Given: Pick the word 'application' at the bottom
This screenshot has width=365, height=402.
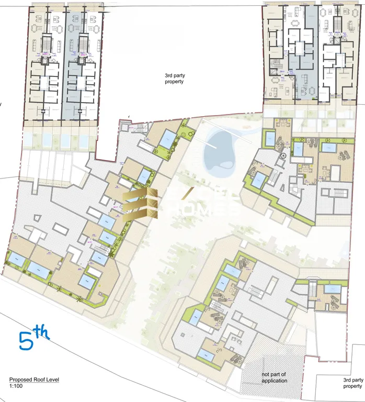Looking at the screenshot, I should pos(275,381).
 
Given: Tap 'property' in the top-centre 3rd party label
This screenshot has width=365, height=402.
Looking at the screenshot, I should pos(174,82).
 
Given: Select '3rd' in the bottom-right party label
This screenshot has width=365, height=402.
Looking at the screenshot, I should pos(348,380).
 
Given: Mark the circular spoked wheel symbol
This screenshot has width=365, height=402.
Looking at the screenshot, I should pos(283,156).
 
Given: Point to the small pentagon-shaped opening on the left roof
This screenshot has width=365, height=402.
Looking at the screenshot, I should pos(37,218).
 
